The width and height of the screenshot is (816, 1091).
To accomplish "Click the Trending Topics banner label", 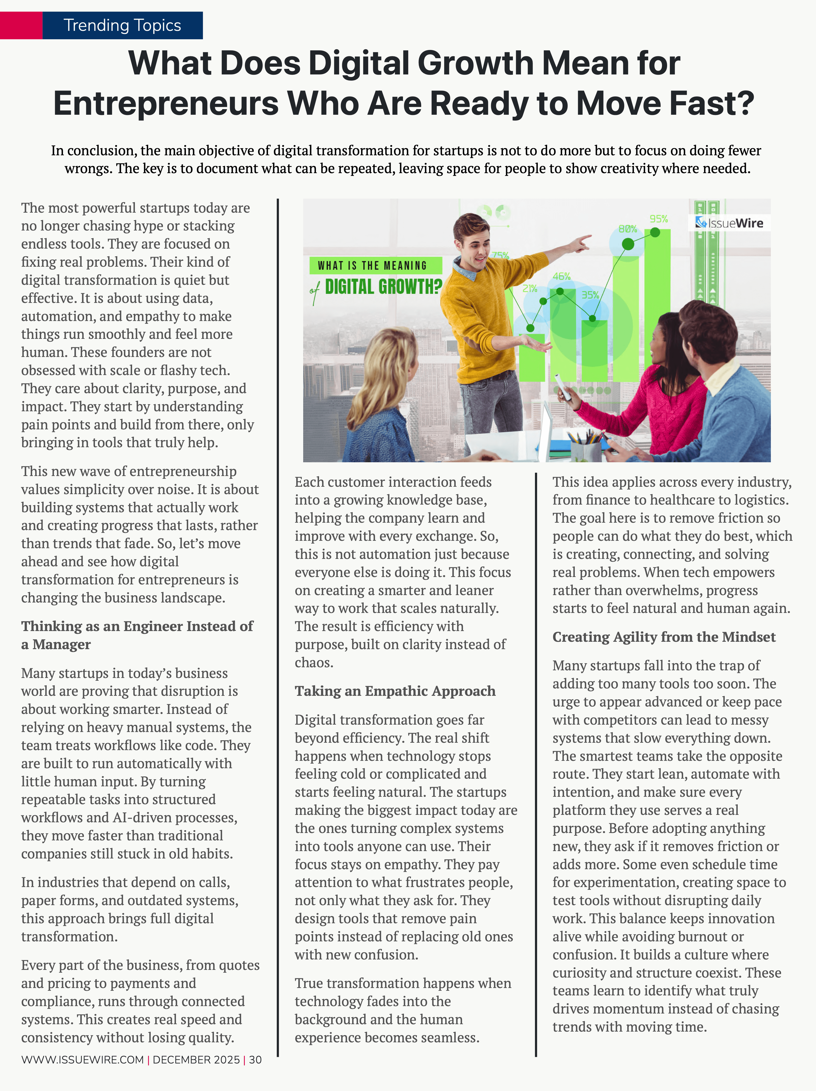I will (122, 25).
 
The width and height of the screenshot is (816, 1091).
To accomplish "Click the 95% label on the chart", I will (659, 219).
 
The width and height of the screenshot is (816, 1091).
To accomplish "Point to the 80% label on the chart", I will (628, 229).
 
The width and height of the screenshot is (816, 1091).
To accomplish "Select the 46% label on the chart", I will (562, 276).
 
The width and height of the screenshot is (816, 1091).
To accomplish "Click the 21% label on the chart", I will (530, 289).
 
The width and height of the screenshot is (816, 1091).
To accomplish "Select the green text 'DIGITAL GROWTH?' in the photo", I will (383, 287).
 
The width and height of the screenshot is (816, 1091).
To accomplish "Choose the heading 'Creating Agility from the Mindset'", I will (664, 637).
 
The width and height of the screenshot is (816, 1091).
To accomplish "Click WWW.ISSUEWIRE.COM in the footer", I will (82, 1059).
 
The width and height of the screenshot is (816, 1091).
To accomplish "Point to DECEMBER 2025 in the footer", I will (196, 1059).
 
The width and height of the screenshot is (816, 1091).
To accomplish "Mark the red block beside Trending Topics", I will (21, 25).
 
